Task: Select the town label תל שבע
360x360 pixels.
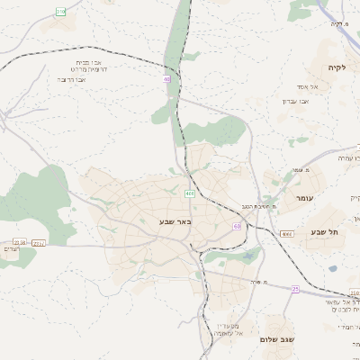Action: [326, 232]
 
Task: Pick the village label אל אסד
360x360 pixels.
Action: [320, 86]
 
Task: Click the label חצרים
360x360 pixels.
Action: [11, 247]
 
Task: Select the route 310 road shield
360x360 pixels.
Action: [60, 11]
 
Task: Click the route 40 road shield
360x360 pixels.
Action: [166, 79]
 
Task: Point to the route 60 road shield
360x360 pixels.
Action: [237, 226]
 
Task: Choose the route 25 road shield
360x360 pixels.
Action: [295, 289]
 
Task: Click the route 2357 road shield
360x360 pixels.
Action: [39, 243]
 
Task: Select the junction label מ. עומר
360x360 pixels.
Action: [301, 170]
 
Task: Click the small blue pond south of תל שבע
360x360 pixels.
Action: [333, 267]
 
